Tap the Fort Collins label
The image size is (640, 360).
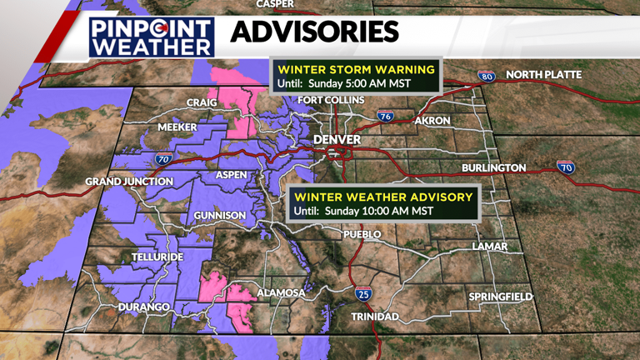332,101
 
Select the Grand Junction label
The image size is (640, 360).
129,182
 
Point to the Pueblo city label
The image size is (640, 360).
362,235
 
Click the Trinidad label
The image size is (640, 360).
375,317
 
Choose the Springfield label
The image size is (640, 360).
500,297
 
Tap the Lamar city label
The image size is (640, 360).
489,247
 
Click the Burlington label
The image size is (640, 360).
494,168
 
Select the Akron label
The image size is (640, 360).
432,121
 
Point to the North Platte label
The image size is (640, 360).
543,75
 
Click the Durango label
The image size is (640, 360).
143,307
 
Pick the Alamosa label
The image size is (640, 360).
281,293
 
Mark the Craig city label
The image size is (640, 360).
202,102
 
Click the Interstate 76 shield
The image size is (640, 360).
384,117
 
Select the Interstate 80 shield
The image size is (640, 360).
487,77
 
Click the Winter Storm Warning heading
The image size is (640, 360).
356,68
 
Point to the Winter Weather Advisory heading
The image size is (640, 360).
383,197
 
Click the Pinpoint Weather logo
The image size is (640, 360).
152,37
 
